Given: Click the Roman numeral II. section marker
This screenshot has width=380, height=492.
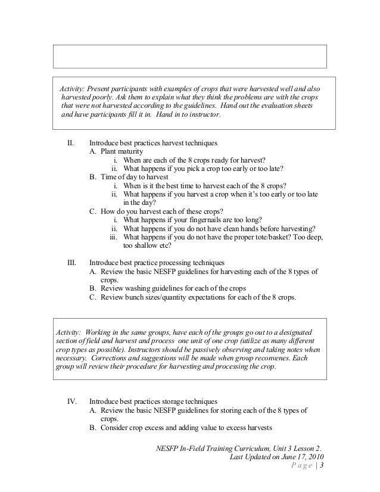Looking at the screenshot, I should point(70,144).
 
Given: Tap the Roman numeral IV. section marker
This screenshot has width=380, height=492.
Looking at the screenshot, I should point(70,401).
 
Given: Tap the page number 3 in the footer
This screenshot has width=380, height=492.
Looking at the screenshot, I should point(322,466).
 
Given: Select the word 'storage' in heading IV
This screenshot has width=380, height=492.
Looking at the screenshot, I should point(178,401).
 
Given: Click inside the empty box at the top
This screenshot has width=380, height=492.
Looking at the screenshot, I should point(190,55).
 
